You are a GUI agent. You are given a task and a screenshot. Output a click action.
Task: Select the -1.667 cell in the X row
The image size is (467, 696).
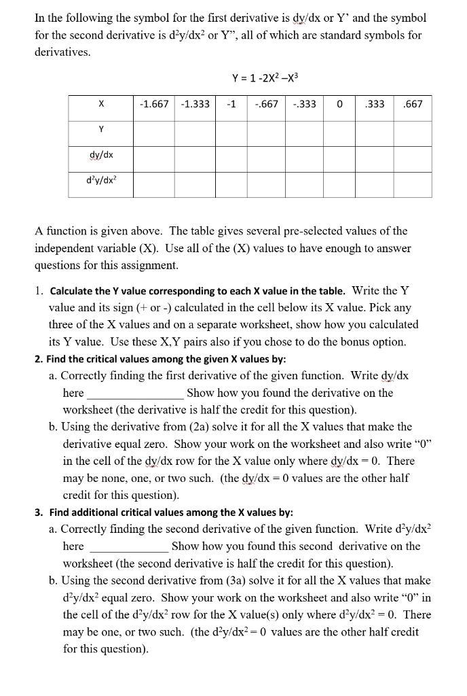155,104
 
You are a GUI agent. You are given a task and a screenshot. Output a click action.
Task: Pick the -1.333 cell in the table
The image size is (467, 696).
195,104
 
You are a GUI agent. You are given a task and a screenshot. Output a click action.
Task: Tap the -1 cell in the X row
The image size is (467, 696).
231,104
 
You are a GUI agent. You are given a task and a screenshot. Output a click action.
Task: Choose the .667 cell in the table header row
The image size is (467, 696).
412,104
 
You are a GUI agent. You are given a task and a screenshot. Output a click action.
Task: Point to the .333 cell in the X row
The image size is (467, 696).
375,104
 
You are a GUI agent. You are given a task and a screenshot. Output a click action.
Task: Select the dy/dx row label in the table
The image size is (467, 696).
100,155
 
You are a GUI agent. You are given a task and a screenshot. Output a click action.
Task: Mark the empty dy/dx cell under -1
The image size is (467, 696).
231,156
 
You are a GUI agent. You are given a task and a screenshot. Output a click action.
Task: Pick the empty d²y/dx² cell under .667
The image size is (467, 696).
412,182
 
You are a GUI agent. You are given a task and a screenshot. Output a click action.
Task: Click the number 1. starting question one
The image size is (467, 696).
39,291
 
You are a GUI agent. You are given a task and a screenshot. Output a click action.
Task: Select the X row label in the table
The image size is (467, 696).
100,104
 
